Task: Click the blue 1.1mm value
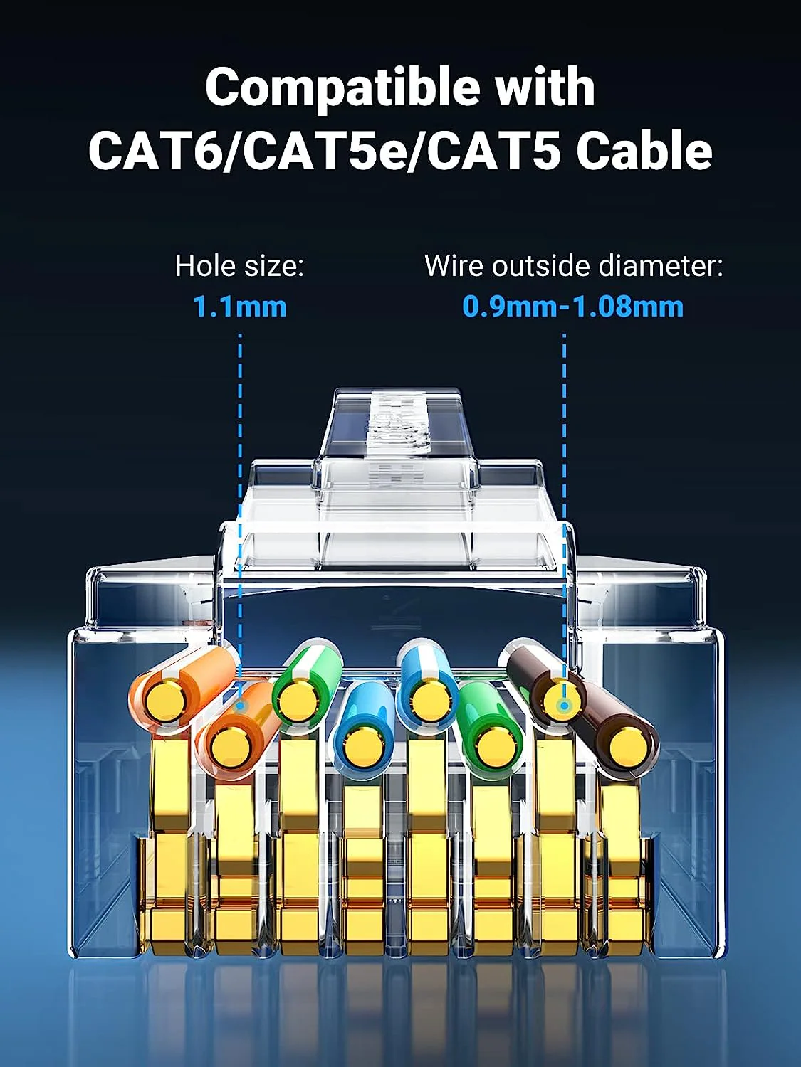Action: tap(240, 307)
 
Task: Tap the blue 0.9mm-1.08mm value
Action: tap(573, 307)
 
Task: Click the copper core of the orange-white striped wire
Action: tap(164, 701)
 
